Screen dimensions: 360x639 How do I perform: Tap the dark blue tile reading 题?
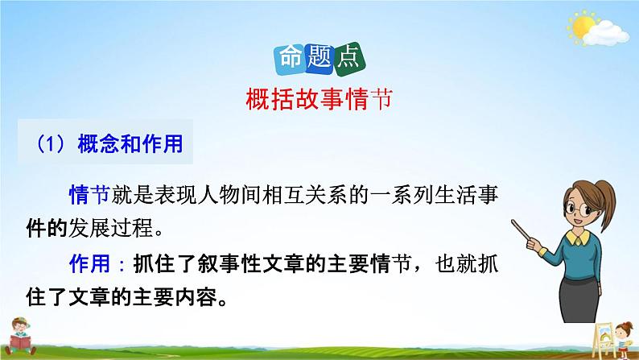[319, 57]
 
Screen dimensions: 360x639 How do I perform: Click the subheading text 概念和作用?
[130, 144]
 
